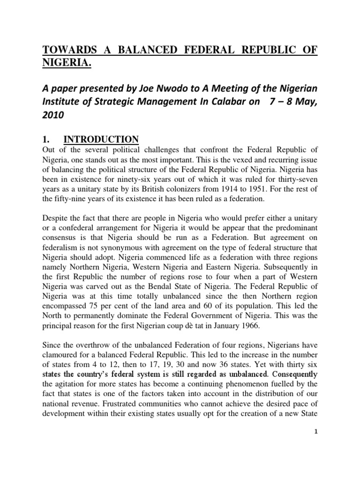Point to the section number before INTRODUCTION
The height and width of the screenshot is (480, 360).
tap(46, 139)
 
